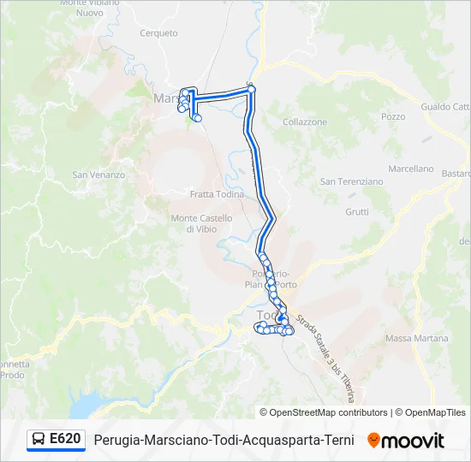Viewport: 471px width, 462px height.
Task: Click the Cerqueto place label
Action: point(158,33)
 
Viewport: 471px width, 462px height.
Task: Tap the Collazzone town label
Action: point(305,122)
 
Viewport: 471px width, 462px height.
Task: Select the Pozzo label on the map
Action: point(393,116)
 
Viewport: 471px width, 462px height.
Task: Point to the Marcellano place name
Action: point(411,169)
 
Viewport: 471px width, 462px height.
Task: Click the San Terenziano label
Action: point(351,181)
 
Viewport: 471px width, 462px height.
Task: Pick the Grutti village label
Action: point(357,212)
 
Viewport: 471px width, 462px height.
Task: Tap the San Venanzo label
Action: point(98,175)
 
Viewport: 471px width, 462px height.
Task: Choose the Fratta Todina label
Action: point(217,194)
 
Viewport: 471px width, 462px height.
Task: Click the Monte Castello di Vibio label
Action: point(201,224)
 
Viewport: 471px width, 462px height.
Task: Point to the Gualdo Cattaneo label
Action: point(446,107)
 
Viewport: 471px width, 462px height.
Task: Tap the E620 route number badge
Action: point(65,440)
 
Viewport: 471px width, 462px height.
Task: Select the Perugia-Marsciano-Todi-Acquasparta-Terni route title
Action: point(224,441)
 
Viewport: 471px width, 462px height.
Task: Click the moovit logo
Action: point(406,441)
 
